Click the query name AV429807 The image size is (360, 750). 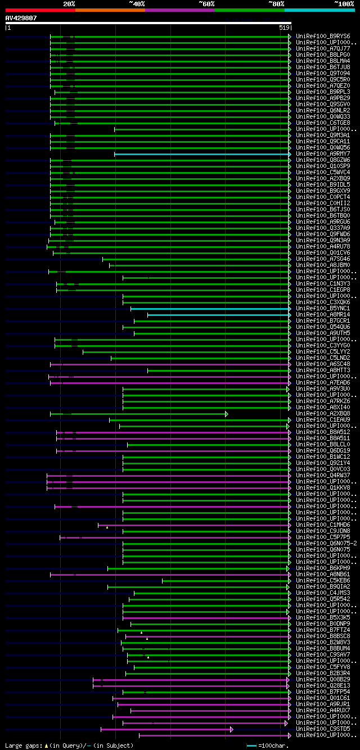click(x=21, y=18)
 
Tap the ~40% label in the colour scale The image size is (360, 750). click(x=137, y=4)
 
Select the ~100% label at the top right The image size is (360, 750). click(x=344, y=4)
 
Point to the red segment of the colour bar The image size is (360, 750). click(x=40, y=10)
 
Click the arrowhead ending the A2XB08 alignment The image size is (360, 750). click(x=227, y=414)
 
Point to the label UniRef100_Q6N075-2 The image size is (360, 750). click(x=326, y=544)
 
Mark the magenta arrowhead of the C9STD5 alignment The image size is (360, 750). click(x=231, y=729)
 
